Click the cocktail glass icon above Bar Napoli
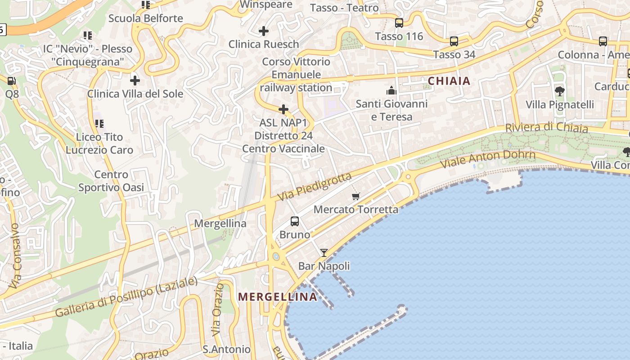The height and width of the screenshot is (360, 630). click(324, 252)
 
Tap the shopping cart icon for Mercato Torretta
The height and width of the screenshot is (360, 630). click(356, 196)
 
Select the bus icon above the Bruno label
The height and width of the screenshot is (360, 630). click(295, 221)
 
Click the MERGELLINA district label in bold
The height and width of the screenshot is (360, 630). click(278, 297)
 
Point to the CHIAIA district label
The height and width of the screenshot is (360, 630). click(449, 81)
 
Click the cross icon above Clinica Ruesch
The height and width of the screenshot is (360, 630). click(264, 31)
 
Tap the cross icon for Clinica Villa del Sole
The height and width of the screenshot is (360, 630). click(135, 81)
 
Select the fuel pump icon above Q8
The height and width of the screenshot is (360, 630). click(12, 81)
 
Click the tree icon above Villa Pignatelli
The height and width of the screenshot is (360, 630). click(560, 91)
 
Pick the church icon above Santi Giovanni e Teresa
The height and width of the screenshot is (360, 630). click(391, 90)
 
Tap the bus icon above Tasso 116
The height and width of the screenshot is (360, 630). click(399, 23)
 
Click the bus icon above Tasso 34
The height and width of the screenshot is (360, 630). click(454, 41)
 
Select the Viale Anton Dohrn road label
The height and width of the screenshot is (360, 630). click(488, 159)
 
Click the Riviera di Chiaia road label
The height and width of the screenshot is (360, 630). click(546, 127)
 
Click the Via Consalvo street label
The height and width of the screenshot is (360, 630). click(15, 255)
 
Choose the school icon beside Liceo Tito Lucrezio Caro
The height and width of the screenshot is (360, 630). click(99, 123)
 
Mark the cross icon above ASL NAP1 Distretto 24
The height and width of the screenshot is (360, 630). click(283, 109)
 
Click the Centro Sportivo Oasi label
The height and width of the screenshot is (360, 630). click(111, 181)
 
